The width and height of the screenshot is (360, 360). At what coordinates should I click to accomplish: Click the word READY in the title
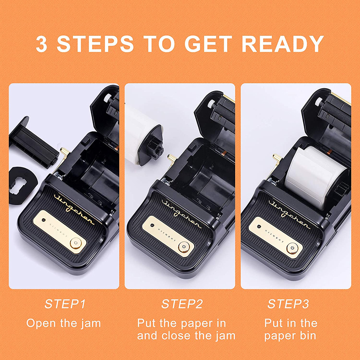pyautogui.click(x=283, y=44)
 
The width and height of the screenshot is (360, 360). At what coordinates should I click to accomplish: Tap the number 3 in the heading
pyautogui.click(x=41, y=44)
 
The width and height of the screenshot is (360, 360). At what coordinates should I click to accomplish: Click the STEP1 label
pyautogui.click(x=65, y=304)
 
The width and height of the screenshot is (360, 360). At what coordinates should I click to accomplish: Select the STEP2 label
pyautogui.click(x=182, y=304)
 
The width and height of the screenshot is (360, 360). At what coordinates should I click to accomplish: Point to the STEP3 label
pyautogui.click(x=288, y=304)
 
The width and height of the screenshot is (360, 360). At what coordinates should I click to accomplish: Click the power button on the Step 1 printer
pyautogui.click(x=76, y=243)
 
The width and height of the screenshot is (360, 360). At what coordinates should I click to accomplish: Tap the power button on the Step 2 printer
pyautogui.click(x=184, y=247)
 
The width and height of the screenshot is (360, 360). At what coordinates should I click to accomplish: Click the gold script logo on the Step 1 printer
pyautogui.click(x=74, y=209)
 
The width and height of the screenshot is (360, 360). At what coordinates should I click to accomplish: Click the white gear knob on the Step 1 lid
pyautogui.click(x=107, y=98)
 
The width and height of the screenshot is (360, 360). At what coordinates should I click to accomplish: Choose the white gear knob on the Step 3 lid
pyautogui.click(x=319, y=101)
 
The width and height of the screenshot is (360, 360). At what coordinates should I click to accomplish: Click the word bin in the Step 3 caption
pyautogui.click(x=308, y=336)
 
